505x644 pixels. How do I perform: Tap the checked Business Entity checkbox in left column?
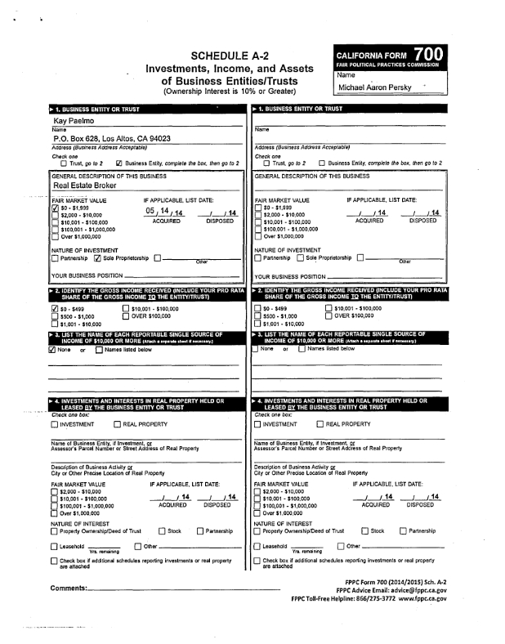click(119, 163)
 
